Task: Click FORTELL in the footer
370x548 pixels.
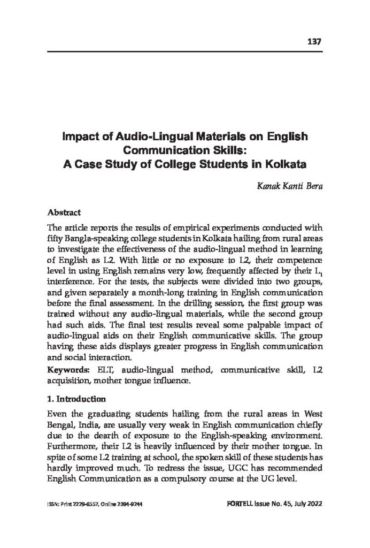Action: (244, 505)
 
